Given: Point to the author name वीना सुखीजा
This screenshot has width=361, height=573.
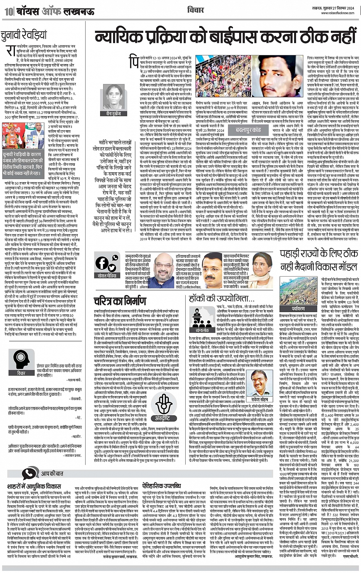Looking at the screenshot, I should (113, 113).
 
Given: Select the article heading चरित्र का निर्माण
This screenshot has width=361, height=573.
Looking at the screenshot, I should (120, 301).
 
